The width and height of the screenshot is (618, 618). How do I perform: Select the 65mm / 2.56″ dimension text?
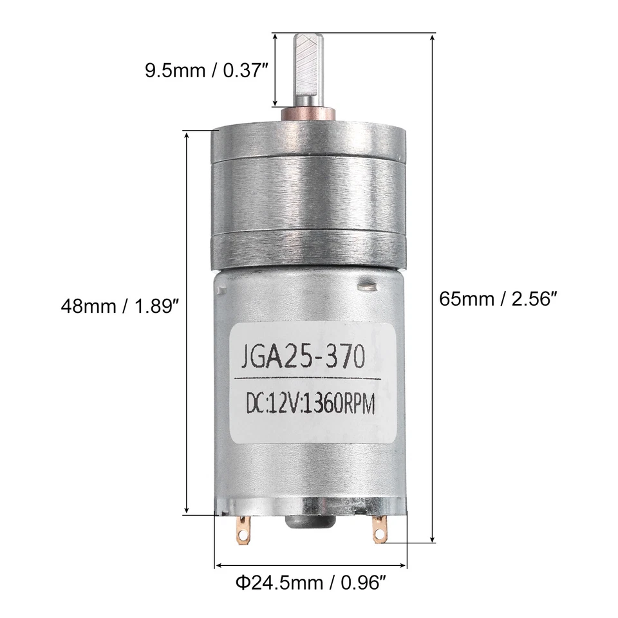click(x=497, y=299)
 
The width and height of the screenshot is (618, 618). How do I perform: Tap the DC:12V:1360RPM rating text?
click(x=309, y=404)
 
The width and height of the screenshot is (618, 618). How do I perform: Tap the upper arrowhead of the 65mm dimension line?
click(x=433, y=38)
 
